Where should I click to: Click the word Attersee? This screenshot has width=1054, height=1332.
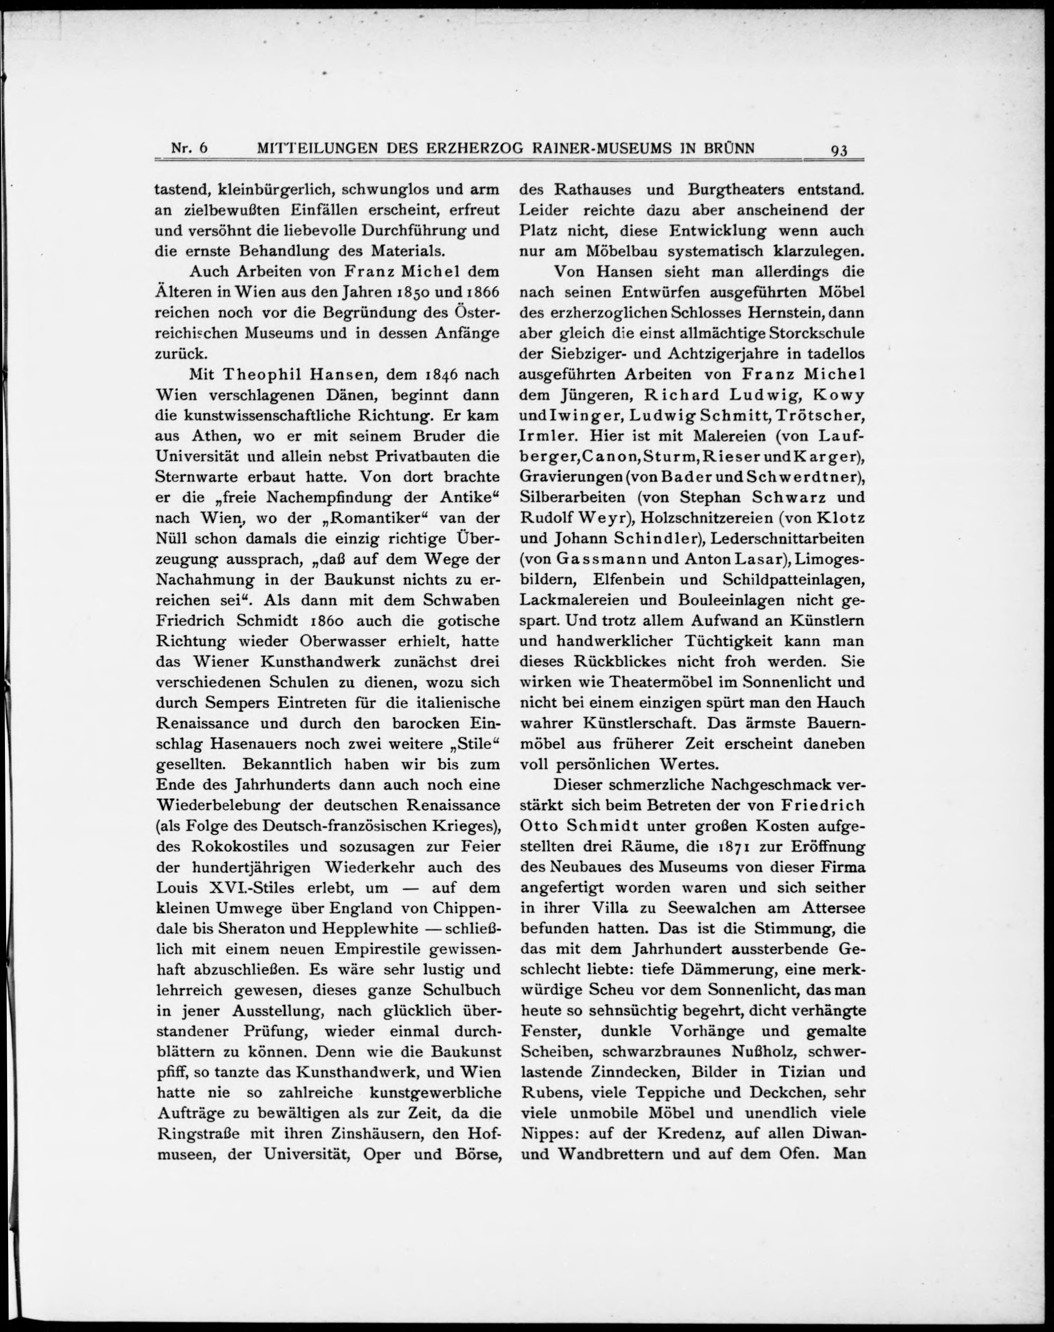(x=833, y=908)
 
